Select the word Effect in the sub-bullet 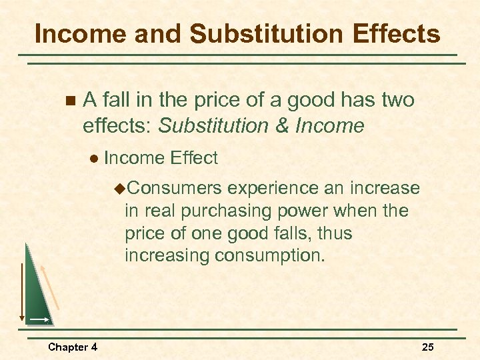coord(193,158)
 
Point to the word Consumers coord(173,189)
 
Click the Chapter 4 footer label coord(73,347)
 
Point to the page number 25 coord(428,347)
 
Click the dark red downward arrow coord(21,293)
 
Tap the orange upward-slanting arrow coord(50,287)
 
